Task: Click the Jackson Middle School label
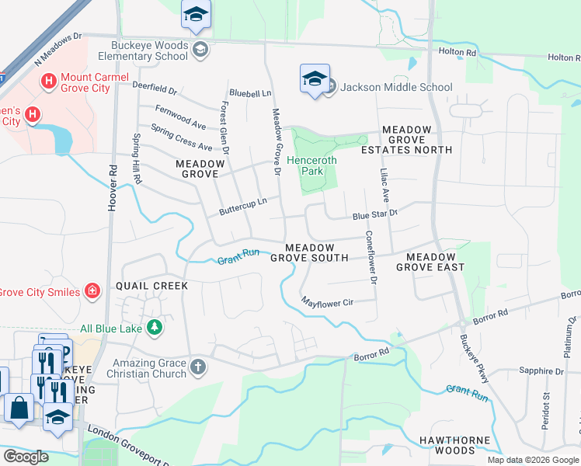point(396,87)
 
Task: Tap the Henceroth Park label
point(312,166)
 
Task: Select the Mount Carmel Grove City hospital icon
point(49,80)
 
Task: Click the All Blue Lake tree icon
point(155,327)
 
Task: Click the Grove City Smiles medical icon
point(92,290)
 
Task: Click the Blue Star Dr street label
point(375,213)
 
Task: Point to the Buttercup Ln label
point(242,205)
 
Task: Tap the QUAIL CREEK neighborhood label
point(152,286)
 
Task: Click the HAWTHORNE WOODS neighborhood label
point(455,445)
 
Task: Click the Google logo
point(26,457)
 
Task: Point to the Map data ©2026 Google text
point(533,460)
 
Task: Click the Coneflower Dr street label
point(371,257)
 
